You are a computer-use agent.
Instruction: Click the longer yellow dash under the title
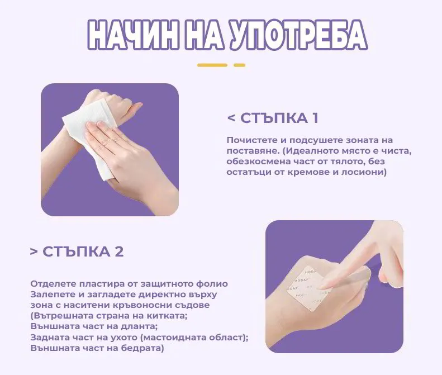(212, 65)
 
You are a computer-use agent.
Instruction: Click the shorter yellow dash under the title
(239, 65)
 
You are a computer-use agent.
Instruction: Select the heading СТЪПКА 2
(83, 251)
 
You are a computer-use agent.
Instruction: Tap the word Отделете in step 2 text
(51, 284)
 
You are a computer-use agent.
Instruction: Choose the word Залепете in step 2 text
(51, 295)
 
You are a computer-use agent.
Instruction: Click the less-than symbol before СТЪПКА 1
(231, 118)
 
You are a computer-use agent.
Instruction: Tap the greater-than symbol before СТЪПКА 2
(34, 251)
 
